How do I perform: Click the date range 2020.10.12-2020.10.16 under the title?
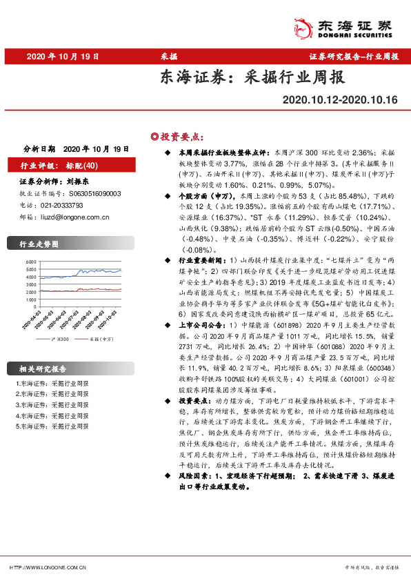pyautogui.click(x=340, y=100)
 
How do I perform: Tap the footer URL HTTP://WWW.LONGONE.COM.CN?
pyautogui.click(x=48, y=567)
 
